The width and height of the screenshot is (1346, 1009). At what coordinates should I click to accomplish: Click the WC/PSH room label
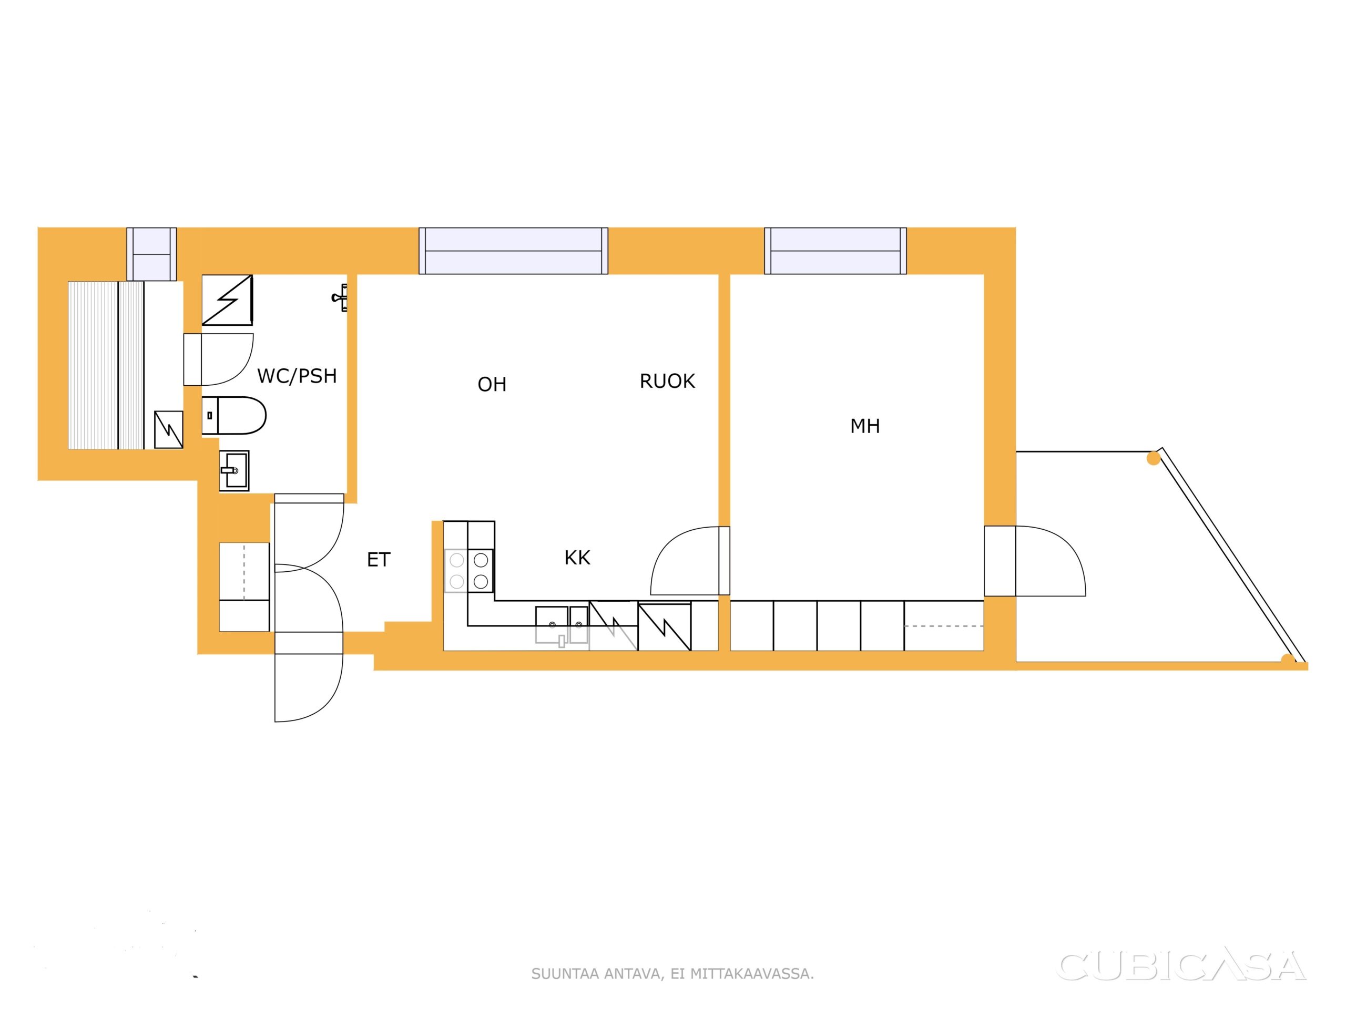click(297, 376)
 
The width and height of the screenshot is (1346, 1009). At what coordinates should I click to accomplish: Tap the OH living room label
click(492, 384)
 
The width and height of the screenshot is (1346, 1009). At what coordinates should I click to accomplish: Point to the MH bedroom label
click(865, 426)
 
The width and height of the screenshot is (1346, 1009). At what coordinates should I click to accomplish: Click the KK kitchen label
click(577, 558)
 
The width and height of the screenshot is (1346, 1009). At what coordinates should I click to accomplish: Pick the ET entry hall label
click(379, 560)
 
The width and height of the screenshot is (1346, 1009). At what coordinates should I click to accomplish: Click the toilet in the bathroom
click(233, 415)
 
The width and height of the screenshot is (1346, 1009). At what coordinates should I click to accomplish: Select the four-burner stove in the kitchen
click(469, 571)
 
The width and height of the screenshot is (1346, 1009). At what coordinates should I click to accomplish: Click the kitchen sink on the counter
click(562, 625)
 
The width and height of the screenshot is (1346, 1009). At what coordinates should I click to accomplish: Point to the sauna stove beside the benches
click(169, 429)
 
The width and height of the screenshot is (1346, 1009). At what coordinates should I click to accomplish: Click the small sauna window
click(151, 254)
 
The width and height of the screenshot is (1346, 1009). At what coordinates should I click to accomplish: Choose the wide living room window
click(514, 251)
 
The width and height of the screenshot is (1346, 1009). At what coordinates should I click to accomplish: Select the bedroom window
click(835, 251)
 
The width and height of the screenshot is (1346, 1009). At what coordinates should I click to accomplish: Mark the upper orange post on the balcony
click(1153, 459)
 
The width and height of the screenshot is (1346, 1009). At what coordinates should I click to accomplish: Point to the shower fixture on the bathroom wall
click(340, 297)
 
